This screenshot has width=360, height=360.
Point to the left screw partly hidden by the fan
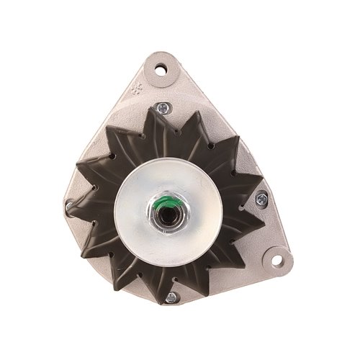coord(70,208)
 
